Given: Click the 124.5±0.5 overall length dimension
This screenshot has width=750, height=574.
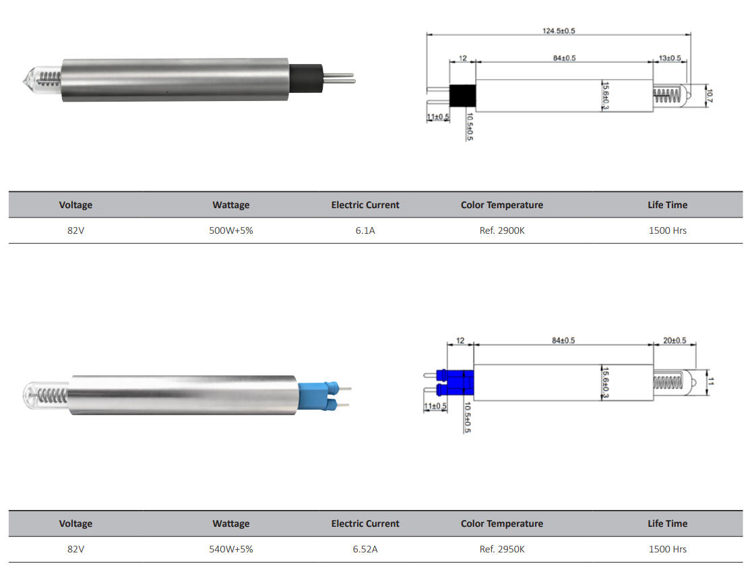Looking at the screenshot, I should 559,30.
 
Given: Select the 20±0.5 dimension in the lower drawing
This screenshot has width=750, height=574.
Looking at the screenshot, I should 674,340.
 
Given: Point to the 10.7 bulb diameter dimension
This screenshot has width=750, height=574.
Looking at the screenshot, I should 710,95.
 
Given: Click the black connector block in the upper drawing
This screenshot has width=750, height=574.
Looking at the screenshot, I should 462,96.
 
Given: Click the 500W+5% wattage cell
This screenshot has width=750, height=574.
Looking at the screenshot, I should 230,230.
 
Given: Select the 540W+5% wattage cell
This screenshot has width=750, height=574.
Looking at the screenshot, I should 230,549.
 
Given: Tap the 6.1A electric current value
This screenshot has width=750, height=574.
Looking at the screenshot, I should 365,230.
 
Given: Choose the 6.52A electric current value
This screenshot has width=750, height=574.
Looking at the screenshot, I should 365,549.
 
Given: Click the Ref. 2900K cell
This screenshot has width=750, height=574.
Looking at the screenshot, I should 501,230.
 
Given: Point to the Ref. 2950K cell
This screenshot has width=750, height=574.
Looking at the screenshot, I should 501,549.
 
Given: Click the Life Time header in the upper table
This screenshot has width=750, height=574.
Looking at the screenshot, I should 667,205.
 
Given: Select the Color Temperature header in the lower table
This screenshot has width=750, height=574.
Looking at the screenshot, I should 501,523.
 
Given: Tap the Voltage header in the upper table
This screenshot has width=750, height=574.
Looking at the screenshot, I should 75,205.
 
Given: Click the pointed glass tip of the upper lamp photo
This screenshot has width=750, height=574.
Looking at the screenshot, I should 27,78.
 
